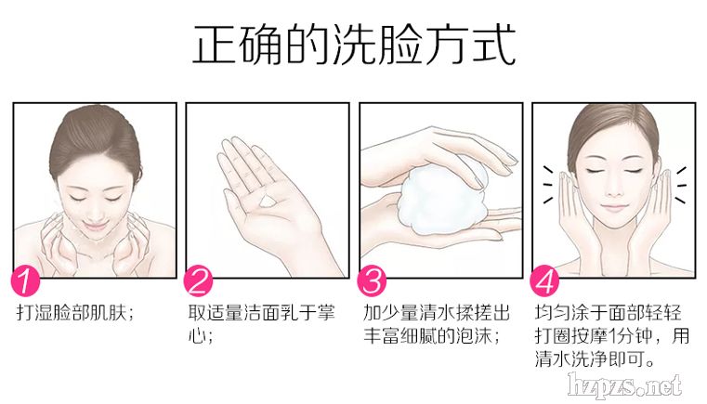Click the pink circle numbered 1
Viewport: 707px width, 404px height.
26,280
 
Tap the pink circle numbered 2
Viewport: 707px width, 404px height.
199,280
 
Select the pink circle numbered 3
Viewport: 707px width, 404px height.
372,280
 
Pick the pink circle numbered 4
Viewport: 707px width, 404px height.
544,280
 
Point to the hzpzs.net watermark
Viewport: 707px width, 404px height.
625,386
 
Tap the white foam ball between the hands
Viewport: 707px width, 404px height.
441,199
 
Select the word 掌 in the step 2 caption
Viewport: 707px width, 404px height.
326,312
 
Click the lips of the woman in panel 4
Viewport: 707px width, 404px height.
613,208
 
